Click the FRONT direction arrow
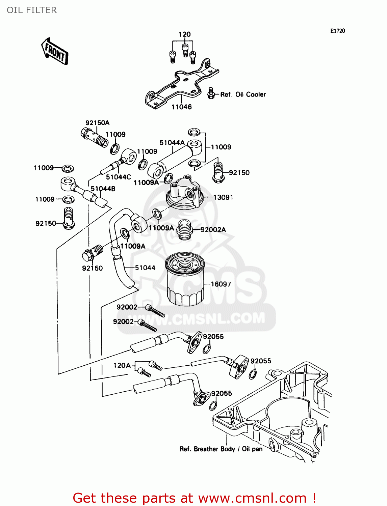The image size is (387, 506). (x=55, y=52)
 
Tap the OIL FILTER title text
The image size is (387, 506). (x=32, y=10)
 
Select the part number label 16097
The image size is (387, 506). (x=221, y=284)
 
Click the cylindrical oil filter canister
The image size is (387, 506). (x=184, y=280)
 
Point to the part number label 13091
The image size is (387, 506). (x=223, y=197)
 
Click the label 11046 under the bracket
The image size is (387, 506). (x=181, y=107)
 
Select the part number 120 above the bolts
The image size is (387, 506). (x=184, y=34)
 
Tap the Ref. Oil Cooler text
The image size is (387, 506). (x=243, y=94)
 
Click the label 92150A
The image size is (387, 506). (x=97, y=123)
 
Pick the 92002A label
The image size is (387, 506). (x=213, y=230)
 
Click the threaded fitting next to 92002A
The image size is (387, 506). (x=185, y=229)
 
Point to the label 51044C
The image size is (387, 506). (x=118, y=177)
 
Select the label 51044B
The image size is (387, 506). (x=103, y=189)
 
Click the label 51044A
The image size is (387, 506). (x=172, y=143)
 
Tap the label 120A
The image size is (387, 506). (x=122, y=365)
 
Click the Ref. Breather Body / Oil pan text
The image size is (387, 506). (x=221, y=449)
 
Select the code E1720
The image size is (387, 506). (x=337, y=31)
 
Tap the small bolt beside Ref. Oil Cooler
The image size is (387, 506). (x=211, y=93)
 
